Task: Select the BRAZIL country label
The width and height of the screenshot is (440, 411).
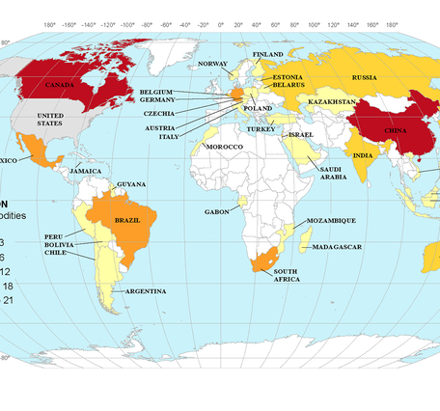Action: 128,219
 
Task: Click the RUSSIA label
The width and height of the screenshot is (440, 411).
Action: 364,77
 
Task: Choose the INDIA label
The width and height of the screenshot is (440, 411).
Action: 363,155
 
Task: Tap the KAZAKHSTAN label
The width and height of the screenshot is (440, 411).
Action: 333,101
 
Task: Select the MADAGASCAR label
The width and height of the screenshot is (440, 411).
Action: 338,247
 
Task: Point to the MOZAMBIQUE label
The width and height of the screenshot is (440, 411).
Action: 332,221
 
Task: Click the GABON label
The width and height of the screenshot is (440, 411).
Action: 216,211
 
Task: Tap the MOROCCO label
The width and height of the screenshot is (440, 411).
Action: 224,146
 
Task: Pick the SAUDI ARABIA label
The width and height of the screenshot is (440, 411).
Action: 334,173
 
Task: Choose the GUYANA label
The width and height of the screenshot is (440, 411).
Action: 130,183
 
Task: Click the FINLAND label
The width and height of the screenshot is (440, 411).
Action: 268,54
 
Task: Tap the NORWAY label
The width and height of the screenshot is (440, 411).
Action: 212,64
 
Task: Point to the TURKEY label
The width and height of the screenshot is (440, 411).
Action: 261,128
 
